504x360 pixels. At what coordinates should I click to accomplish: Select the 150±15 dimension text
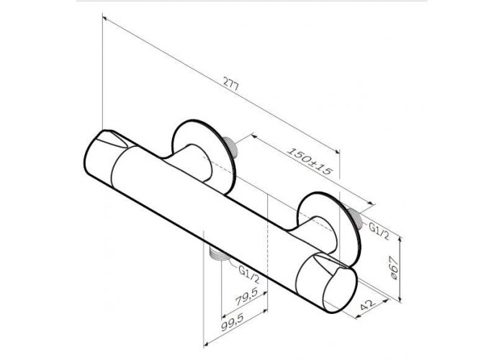click(309, 161)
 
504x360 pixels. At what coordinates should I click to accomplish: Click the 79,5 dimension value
click(246, 297)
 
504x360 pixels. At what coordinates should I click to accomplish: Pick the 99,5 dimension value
click(233, 322)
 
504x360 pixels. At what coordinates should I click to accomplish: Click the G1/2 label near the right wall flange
click(379, 231)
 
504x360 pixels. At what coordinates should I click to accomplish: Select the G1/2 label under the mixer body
click(248, 274)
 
